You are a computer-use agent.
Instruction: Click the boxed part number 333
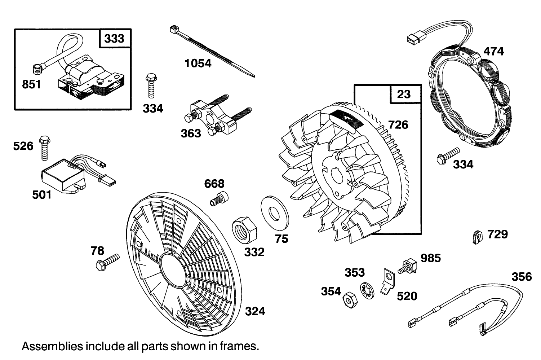[x=114, y=39]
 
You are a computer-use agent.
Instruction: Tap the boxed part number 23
[x=404, y=95]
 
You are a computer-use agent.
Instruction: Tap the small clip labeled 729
[x=476, y=237]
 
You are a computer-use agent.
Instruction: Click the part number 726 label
[x=398, y=125]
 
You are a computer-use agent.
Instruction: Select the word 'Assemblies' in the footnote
[x=52, y=346]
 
